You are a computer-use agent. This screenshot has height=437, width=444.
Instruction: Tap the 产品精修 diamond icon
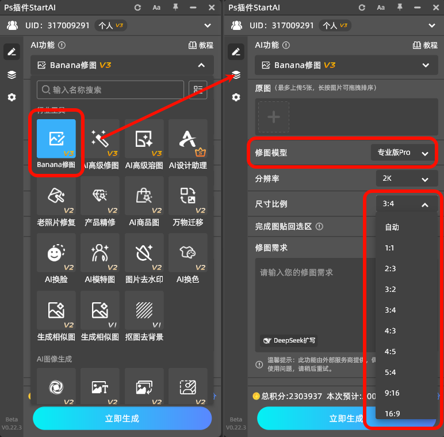coord(100,196)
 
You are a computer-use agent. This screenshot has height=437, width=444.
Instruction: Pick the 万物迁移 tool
coord(187,196)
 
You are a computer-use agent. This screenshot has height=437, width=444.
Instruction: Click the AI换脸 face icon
coord(56,253)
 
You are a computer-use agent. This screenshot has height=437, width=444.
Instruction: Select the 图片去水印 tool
coord(144,253)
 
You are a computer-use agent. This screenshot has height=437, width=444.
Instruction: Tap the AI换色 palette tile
coord(187,253)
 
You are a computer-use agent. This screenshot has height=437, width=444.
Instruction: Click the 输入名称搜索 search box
coord(110,90)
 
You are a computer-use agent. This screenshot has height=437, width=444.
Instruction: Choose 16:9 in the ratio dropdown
coord(392,413)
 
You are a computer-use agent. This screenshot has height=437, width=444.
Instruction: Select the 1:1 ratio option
coord(391,248)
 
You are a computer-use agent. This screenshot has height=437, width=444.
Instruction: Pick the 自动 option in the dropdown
coord(392,227)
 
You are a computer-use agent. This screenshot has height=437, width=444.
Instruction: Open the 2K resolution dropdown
coord(405,178)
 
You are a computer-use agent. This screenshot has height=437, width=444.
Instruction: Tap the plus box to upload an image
coord(274,117)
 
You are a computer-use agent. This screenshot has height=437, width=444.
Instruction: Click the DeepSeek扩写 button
coord(289,340)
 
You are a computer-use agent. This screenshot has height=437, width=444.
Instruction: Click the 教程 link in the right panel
coord(425,45)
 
